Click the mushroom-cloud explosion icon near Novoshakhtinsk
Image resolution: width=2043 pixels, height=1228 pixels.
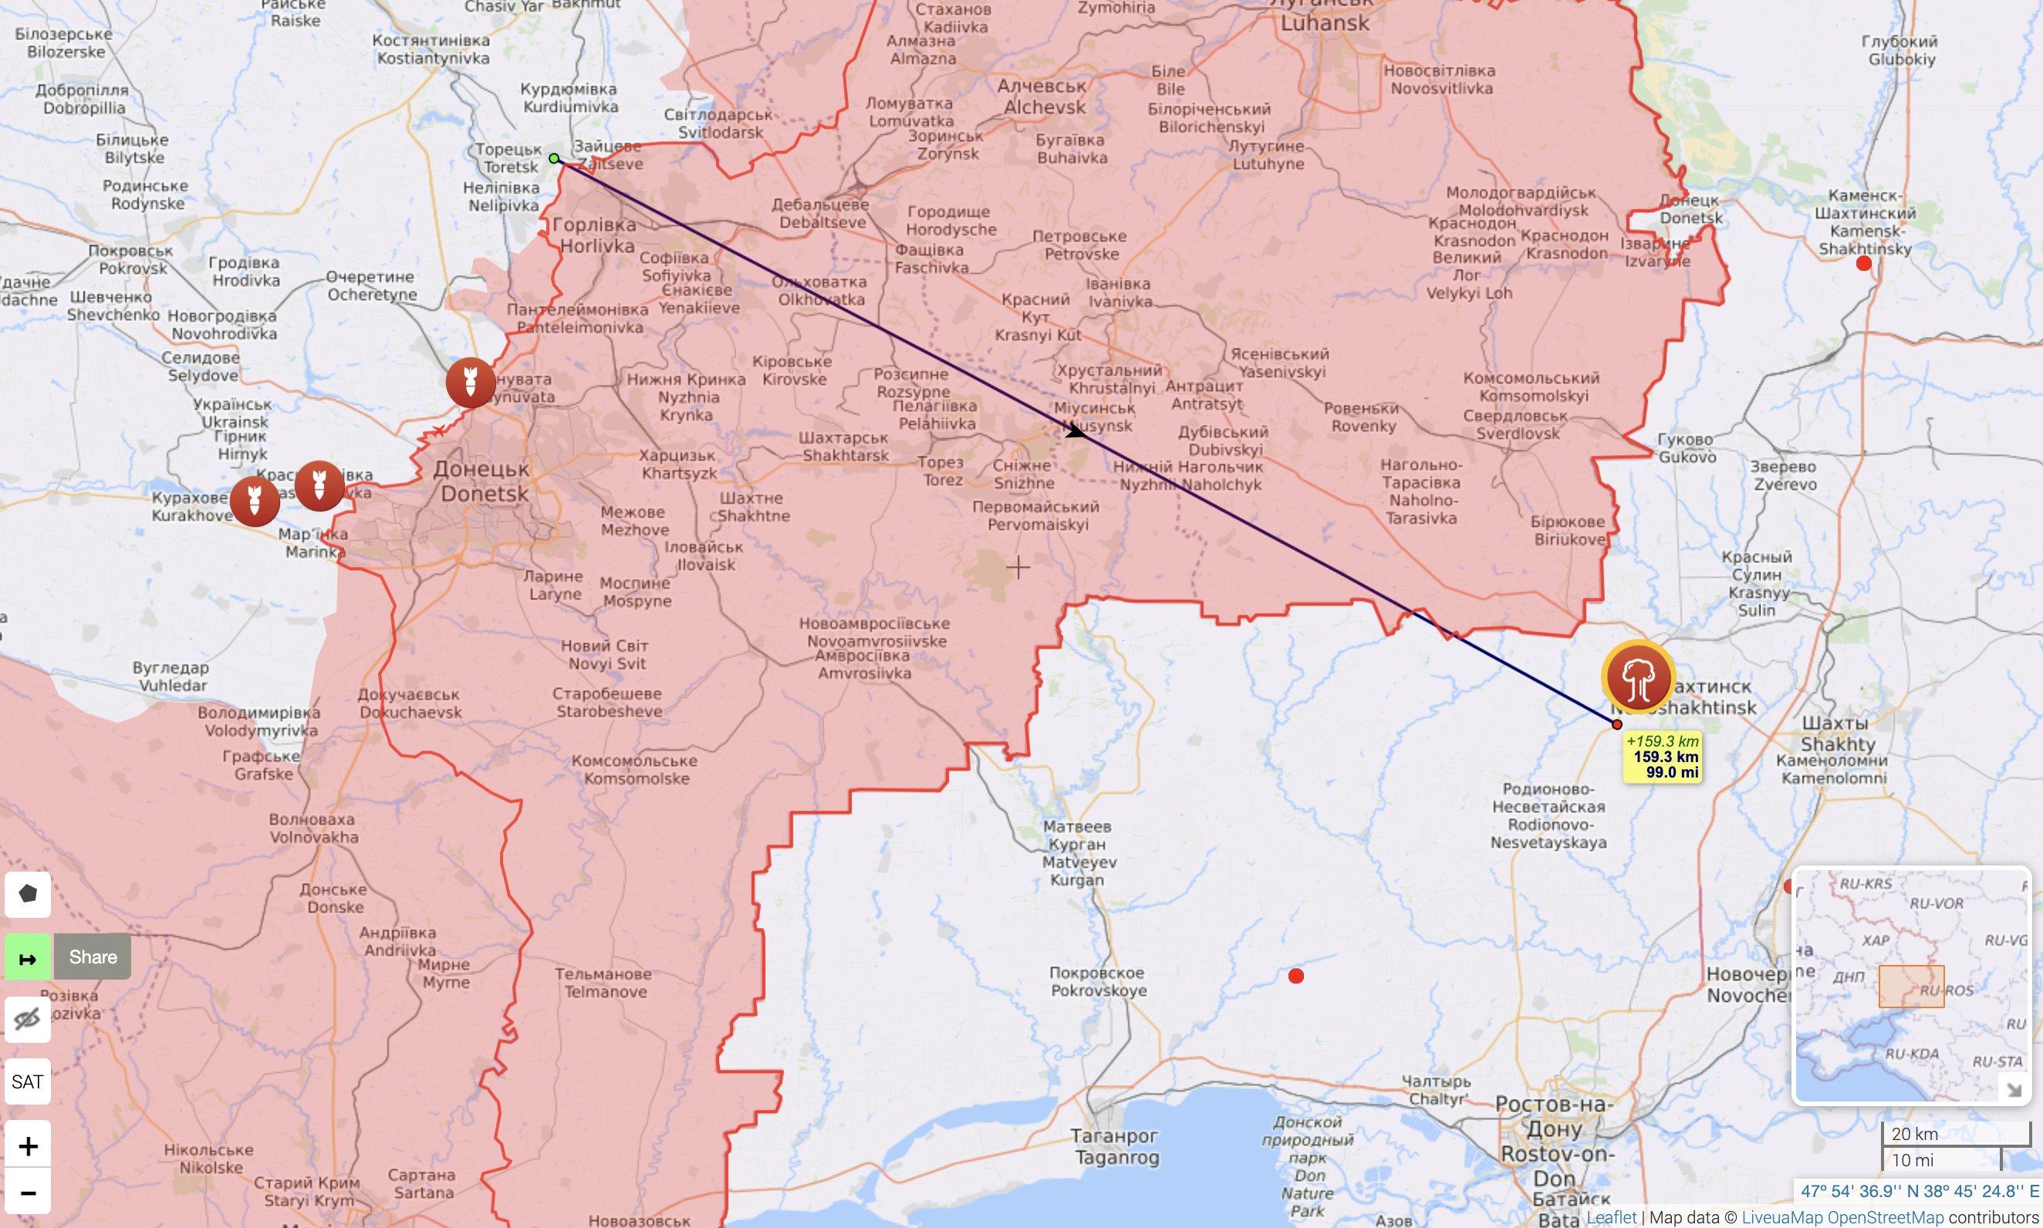(1637, 676)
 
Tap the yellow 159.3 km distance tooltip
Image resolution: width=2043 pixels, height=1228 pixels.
(1662, 757)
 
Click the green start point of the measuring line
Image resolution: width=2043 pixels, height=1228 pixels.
(555, 159)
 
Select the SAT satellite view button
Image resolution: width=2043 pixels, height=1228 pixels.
(27, 1081)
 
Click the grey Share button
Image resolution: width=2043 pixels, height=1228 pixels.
(93, 956)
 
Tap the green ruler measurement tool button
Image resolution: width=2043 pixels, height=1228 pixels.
(27, 957)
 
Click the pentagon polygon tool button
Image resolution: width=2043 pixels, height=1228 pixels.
(27, 894)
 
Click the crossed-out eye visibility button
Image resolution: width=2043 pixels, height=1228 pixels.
(27, 1020)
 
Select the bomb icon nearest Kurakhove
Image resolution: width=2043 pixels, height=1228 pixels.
(255, 501)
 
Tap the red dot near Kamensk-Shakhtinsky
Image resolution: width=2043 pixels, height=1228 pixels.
(1863, 263)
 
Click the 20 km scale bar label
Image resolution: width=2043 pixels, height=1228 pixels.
(1914, 1134)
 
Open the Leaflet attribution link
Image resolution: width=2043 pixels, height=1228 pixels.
(1610, 1217)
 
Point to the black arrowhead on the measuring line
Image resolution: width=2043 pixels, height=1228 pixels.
(1075, 430)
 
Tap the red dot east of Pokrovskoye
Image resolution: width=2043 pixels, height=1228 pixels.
(1296, 977)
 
